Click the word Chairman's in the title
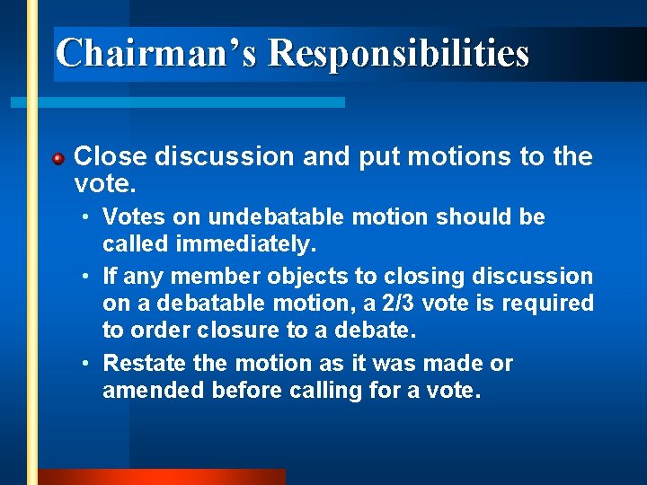coord(156,53)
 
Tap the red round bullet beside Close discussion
coord(58,159)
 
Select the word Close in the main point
coord(111,157)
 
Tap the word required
coord(547,304)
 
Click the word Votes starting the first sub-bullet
coord(130,217)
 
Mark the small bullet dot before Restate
coord(83,364)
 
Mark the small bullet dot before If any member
coord(83,277)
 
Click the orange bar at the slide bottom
coord(162,477)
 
